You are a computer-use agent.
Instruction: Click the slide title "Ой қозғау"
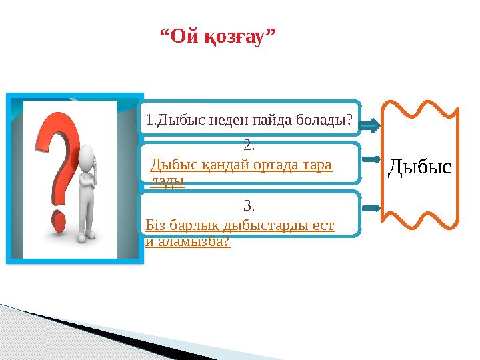(x=219, y=35)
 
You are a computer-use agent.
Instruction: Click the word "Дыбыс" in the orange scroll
(x=419, y=167)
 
